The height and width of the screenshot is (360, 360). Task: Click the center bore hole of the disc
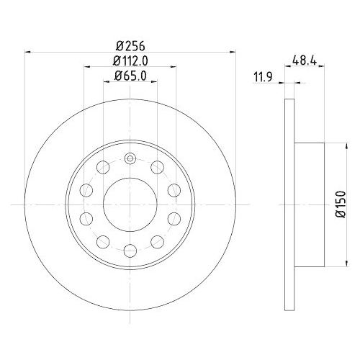(130, 204)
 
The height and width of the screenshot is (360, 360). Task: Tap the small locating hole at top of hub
(130, 160)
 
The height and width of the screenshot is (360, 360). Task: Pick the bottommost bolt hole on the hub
(130, 250)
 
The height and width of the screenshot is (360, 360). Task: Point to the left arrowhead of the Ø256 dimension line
(28, 51)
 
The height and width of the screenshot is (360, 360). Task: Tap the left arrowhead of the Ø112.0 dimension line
(87, 66)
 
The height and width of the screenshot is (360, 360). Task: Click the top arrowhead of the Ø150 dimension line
(345, 146)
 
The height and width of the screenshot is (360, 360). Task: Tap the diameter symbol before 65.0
(118, 75)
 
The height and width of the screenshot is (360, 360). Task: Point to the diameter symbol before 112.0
(116, 60)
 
